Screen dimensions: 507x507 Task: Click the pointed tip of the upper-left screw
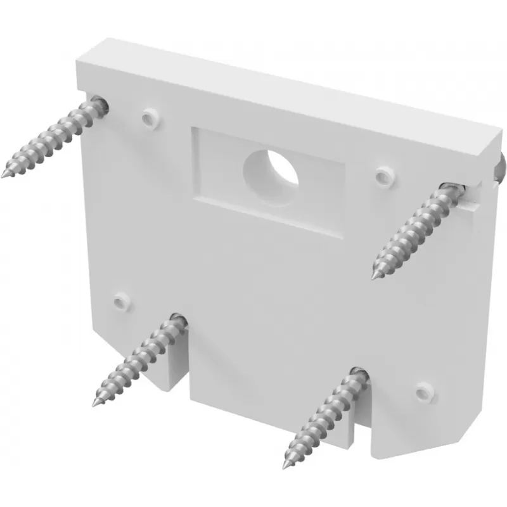click(4, 174)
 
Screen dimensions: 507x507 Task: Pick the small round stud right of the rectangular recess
click(383, 176)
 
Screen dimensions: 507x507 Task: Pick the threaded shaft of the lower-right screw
click(323, 418)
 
